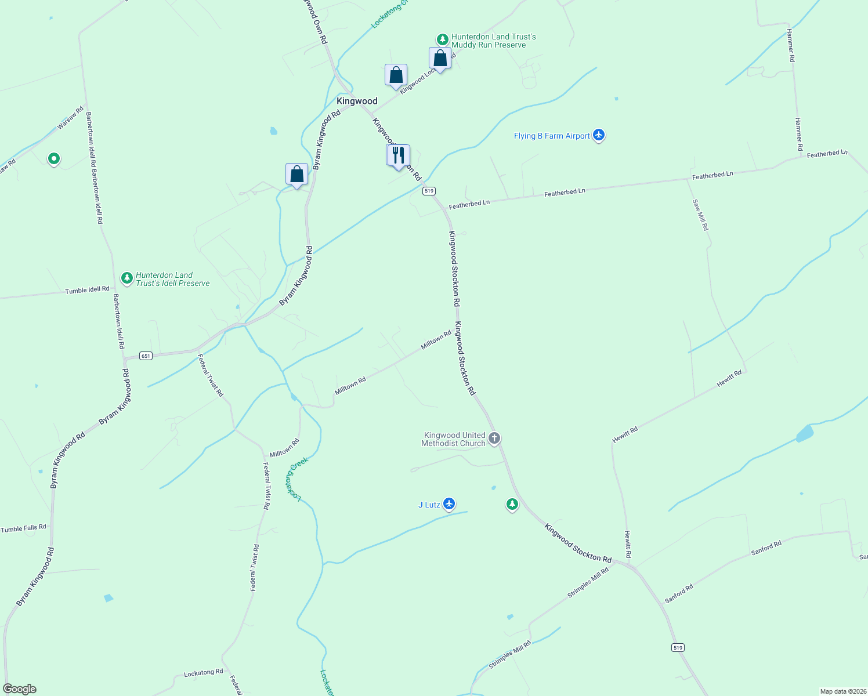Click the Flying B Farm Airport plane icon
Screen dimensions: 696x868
tap(599, 136)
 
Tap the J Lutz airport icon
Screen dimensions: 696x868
tap(449, 504)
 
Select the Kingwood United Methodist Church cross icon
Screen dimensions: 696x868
tap(494, 438)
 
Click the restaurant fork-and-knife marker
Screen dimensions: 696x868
tap(398, 155)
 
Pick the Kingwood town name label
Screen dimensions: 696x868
tap(357, 101)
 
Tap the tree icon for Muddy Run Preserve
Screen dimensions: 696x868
tap(443, 39)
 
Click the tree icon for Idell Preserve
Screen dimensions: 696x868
tap(127, 278)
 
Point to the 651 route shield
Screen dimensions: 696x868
tap(146, 356)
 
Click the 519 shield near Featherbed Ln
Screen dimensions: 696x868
tap(429, 191)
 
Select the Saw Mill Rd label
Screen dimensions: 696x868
tap(700, 215)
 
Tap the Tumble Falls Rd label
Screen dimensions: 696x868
tap(23, 528)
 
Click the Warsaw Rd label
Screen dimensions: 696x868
tap(70, 118)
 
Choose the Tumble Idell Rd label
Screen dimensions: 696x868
tap(87, 289)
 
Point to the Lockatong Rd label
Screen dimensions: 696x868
tap(203, 673)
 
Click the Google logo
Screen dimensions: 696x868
tap(20, 689)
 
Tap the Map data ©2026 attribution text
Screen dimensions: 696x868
tap(842, 691)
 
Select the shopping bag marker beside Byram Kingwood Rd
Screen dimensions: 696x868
tap(296, 174)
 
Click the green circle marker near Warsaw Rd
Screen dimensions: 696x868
tap(54, 158)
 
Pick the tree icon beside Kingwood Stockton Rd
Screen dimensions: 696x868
tap(512, 505)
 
